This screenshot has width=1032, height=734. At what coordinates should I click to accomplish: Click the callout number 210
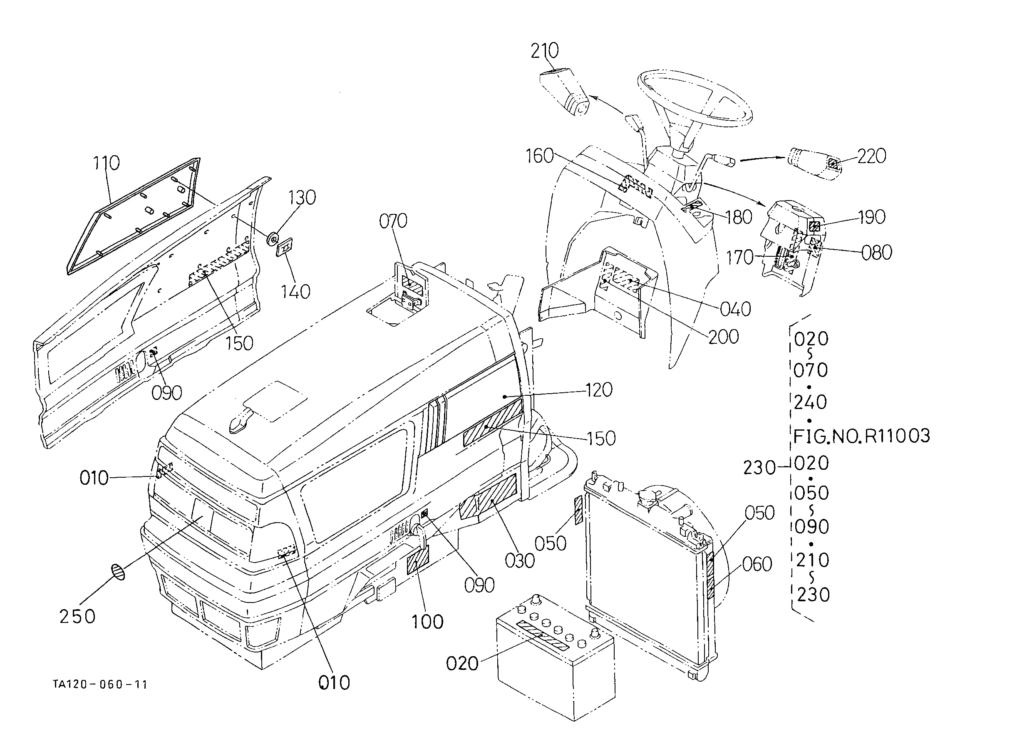point(545,51)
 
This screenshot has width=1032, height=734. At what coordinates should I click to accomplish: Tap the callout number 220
point(871,156)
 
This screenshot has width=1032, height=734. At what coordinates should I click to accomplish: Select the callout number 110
point(106,163)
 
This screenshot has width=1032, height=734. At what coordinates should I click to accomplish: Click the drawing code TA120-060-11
point(100,685)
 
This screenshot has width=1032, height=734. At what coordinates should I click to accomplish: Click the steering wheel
point(695,98)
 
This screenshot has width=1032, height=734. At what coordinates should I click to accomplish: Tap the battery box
point(556,657)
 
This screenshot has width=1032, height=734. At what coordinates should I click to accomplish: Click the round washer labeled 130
point(273,238)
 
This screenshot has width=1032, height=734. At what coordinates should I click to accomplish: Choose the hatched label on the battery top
point(543,635)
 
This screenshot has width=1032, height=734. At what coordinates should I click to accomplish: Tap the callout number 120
point(599,390)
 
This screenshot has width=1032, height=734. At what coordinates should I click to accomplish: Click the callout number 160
point(540,156)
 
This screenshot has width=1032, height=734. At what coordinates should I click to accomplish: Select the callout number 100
point(427,622)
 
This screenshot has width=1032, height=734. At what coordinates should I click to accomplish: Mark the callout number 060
point(757,565)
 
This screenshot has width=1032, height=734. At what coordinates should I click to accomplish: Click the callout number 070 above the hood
point(393,221)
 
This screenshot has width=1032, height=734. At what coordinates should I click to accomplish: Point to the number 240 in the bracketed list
point(811,402)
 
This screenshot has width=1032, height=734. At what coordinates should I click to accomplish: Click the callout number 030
point(520,561)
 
